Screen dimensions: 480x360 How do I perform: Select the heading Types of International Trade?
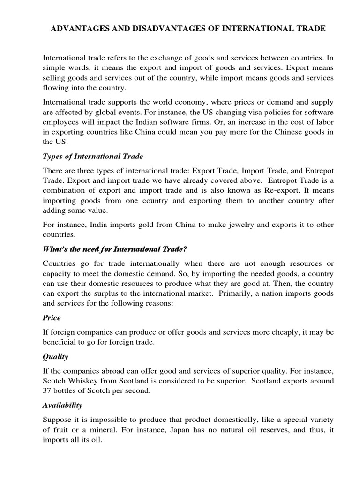click(93, 156)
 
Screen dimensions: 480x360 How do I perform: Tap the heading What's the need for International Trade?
click(115, 248)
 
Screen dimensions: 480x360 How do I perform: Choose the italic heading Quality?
click(55, 356)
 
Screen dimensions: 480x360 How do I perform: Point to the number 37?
click(47, 390)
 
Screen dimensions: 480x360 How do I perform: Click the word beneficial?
click(60, 342)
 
